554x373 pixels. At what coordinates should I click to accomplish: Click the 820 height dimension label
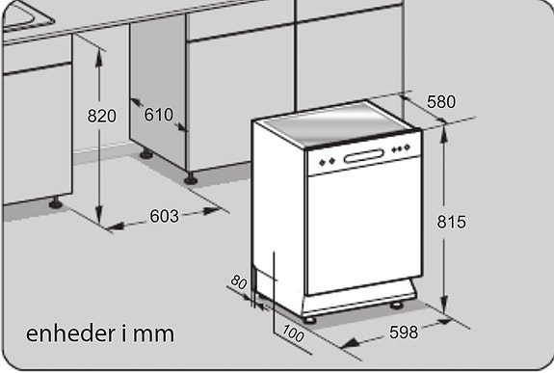[101, 116]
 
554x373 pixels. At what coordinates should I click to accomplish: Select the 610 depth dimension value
[158, 115]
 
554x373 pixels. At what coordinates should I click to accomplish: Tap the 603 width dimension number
[165, 216]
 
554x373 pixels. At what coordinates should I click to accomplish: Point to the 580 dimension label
[439, 101]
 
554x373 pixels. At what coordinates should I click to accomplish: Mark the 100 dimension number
[295, 334]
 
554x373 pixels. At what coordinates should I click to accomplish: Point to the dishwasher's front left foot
[309, 317]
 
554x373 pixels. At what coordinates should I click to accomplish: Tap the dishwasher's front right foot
[397, 305]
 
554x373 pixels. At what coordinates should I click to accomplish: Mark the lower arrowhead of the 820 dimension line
[99, 219]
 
